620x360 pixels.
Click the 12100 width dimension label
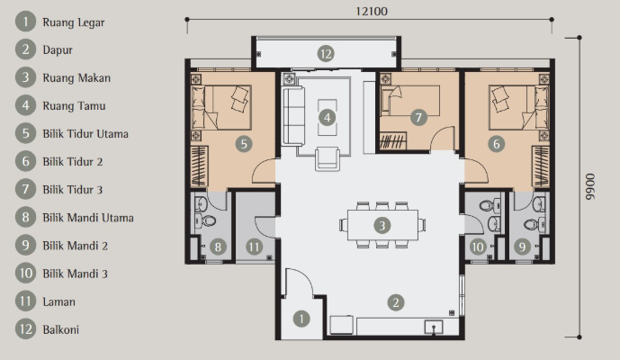[372, 11]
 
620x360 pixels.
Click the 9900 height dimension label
[590, 186]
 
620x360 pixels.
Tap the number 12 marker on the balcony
[326, 54]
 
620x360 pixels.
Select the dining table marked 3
[382, 225]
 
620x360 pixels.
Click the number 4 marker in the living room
[327, 117]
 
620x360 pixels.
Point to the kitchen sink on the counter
[434, 328]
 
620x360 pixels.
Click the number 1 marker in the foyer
[301, 319]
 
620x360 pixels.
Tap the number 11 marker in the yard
[254, 247]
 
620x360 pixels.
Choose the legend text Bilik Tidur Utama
[85, 134]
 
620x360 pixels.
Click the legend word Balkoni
[61, 329]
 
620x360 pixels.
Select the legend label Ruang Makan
[76, 78]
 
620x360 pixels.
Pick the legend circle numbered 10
[26, 274]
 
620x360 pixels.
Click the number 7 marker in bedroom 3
[418, 117]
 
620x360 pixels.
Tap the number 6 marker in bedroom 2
[496, 144]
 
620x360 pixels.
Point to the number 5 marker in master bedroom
[244, 144]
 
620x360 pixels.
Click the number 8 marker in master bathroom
[218, 247]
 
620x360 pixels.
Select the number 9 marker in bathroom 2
[522, 247]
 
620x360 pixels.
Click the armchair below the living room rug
[328, 159]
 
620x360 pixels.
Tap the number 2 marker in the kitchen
[396, 302]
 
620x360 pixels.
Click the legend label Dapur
[58, 50]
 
